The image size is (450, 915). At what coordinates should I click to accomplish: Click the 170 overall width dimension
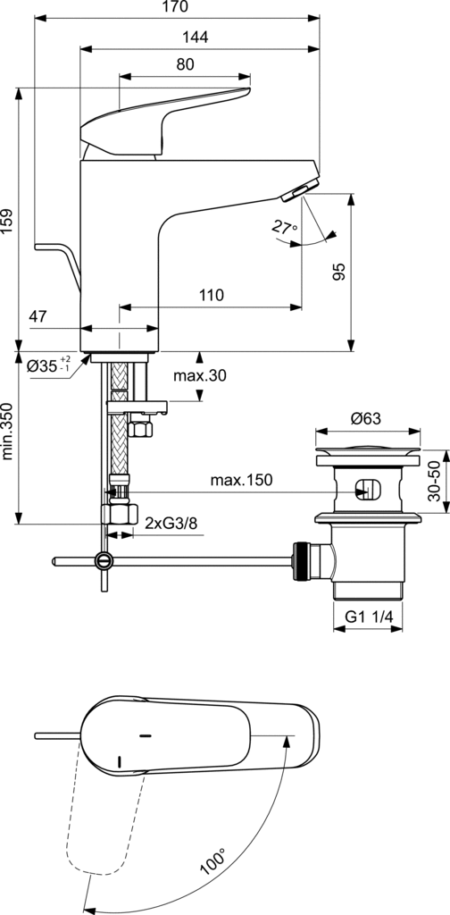pyautogui.click(x=177, y=7)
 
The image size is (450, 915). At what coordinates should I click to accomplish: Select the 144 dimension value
pyautogui.click(x=196, y=38)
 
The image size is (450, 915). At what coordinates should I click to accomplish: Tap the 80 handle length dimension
pyautogui.click(x=185, y=64)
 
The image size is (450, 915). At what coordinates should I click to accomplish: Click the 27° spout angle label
pyautogui.click(x=285, y=227)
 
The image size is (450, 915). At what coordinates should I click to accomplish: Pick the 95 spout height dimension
pyautogui.click(x=339, y=272)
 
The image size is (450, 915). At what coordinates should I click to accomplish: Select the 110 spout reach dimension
pyautogui.click(x=211, y=295)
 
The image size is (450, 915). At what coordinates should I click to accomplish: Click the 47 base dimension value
pyautogui.click(x=37, y=317)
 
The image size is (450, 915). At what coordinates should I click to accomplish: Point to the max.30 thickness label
pyautogui.click(x=199, y=376)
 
